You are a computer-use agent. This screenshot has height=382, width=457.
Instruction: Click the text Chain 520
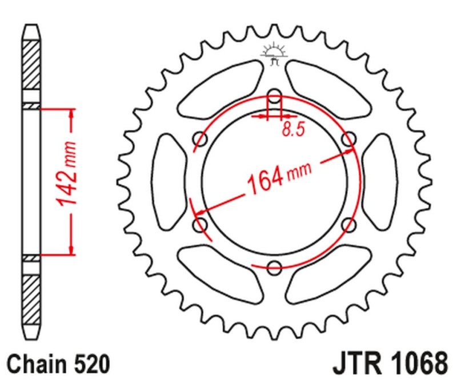click(58, 363)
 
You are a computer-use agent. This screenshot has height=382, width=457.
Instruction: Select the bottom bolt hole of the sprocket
click(275, 266)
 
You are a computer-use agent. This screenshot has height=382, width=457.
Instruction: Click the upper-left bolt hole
click(201, 138)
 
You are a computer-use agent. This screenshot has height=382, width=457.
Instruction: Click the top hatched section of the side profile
click(32, 66)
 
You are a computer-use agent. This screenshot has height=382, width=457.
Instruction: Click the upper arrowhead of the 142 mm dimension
click(71, 114)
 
